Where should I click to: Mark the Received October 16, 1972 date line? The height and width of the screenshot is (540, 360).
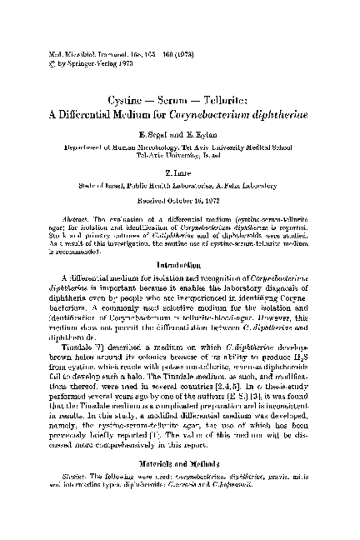click(180, 186)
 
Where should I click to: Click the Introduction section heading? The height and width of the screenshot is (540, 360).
click(180, 241)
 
